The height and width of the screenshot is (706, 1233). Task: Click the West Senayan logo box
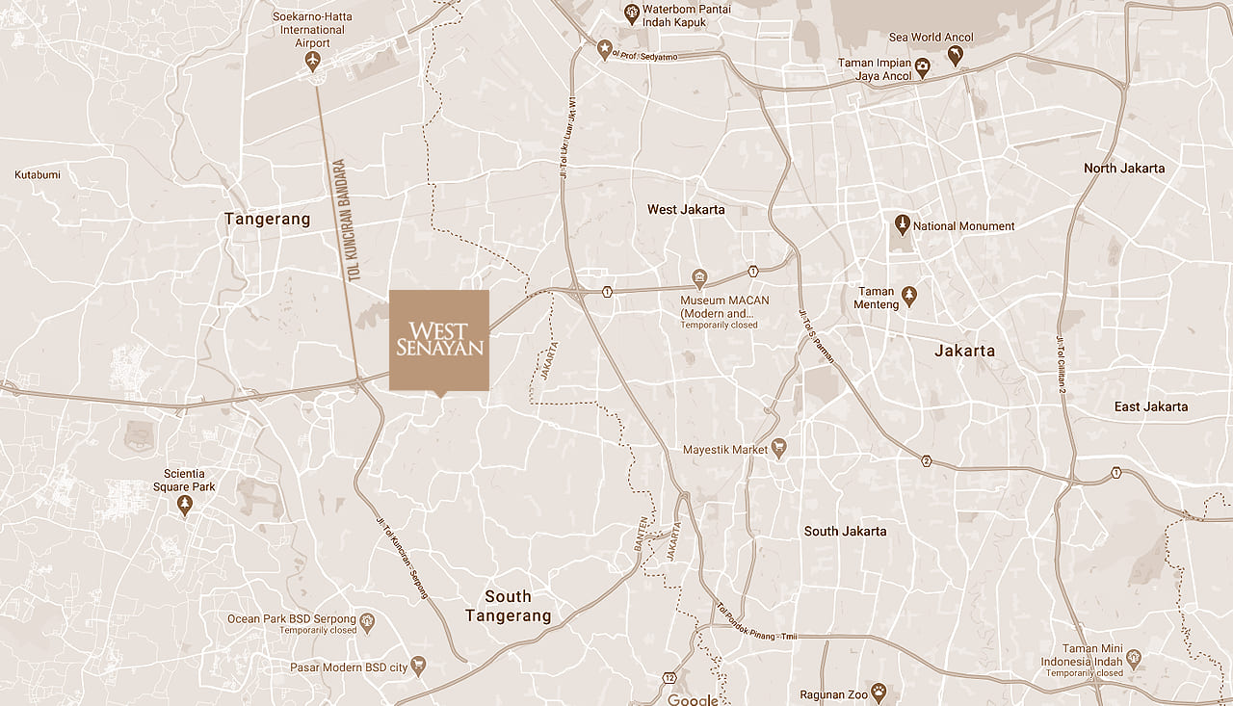[x=439, y=340]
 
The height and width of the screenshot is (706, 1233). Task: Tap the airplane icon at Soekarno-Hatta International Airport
[x=311, y=62]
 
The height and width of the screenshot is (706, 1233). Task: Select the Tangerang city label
[x=268, y=220]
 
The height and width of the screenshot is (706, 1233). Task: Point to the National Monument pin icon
[x=902, y=225]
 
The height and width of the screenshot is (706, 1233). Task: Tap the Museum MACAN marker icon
[x=700, y=279]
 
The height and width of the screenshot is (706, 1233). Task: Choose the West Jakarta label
[x=686, y=209]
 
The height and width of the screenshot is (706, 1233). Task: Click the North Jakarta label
[x=1123, y=168]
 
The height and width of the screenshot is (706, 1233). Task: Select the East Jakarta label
[x=1150, y=406]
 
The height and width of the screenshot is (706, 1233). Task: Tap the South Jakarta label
[x=845, y=531]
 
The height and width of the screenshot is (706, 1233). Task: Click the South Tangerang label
[x=508, y=606]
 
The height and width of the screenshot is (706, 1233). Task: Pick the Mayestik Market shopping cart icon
[x=779, y=449]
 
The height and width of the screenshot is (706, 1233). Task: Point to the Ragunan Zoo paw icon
[x=879, y=693]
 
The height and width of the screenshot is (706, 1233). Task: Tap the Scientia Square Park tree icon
[x=184, y=505]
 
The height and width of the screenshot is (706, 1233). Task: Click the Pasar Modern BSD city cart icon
[x=418, y=666]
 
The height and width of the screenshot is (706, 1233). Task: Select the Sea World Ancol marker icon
[x=955, y=56]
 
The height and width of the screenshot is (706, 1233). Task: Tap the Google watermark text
[x=694, y=699]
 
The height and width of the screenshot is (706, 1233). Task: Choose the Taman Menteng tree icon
[x=909, y=295]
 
